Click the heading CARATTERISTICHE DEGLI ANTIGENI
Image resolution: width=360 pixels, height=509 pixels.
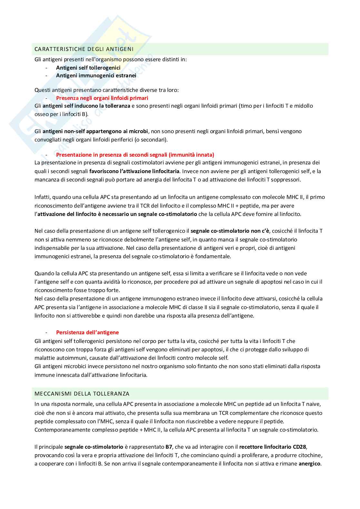[84, 49]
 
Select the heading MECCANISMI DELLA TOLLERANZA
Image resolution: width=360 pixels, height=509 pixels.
[82, 394]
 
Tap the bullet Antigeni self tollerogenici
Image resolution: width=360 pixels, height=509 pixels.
[88, 68]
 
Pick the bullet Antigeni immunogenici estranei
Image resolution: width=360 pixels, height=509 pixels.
[96, 75]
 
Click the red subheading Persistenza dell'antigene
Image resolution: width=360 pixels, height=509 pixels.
[87, 332]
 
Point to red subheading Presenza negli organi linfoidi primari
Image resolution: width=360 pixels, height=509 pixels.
[102, 98]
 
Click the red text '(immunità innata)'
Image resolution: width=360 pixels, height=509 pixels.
[191, 155]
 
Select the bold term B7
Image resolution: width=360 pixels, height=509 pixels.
[169, 447]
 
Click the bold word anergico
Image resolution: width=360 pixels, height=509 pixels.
[309, 464]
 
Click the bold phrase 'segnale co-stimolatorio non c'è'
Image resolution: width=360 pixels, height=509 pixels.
[230, 231]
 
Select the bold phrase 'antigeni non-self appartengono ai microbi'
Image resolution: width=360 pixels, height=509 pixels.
[95, 131]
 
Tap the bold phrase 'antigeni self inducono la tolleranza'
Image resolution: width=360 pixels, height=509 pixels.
[86, 106]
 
